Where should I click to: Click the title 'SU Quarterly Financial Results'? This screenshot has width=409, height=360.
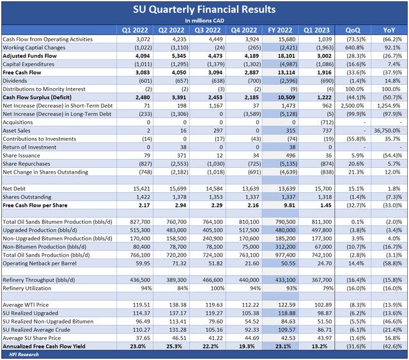(x=204, y=9)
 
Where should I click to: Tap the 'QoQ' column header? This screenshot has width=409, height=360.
(x=351, y=29)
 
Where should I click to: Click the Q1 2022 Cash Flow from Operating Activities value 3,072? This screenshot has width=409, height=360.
(x=140, y=39)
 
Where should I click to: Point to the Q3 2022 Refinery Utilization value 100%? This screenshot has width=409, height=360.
(x=217, y=287)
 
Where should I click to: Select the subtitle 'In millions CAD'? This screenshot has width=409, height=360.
(x=204, y=20)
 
